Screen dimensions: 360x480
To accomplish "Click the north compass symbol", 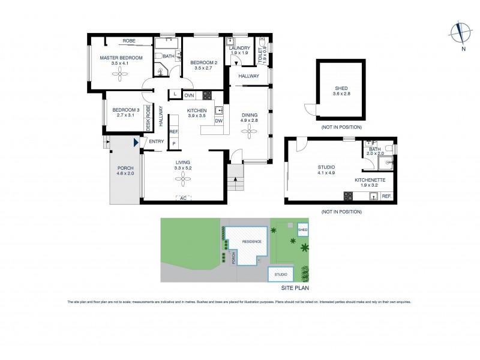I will click(x=460, y=33).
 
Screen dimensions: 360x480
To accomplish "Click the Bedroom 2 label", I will click(x=203, y=62).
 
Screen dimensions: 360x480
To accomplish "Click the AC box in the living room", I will click(x=183, y=198).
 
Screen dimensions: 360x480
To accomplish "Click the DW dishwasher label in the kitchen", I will click(x=218, y=121).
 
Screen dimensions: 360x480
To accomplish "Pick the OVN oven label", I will click(x=189, y=95).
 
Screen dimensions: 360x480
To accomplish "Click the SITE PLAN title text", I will click(x=295, y=288).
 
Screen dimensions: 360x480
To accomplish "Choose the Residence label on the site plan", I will click(x=252, y=241).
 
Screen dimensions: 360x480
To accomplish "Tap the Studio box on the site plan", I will click(x=281, y=274).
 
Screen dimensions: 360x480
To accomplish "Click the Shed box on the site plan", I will click(x=303, y=229).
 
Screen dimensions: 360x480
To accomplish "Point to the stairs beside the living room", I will click(x=236, y=178).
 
